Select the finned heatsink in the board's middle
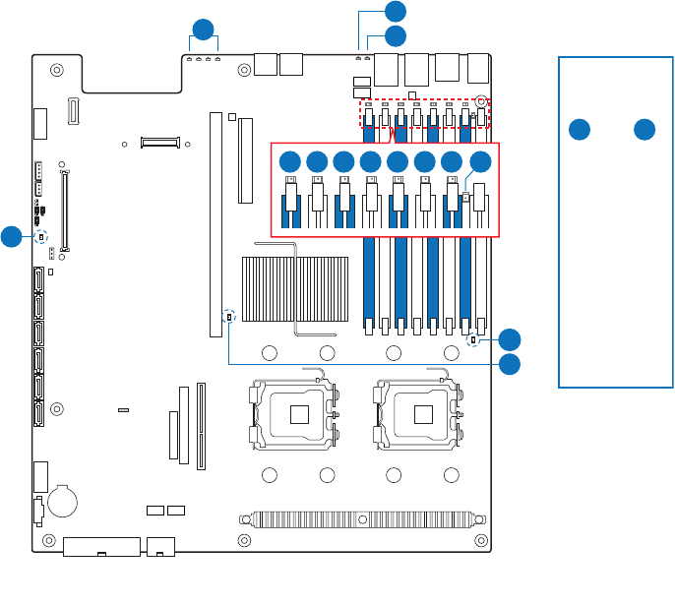(294, 287)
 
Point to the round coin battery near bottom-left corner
(64, 500)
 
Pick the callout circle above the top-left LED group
(203, 30)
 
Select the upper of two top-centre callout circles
(395, 12)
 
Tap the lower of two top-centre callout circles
(395, 36)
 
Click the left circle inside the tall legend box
(581, 129)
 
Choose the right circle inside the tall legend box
(644, 129)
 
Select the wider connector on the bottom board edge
(101, 546)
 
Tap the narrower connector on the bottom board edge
(159, 545)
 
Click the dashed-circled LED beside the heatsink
(229, 317)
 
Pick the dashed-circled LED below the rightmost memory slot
(474, 340)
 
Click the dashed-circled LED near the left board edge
(41, 237)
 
